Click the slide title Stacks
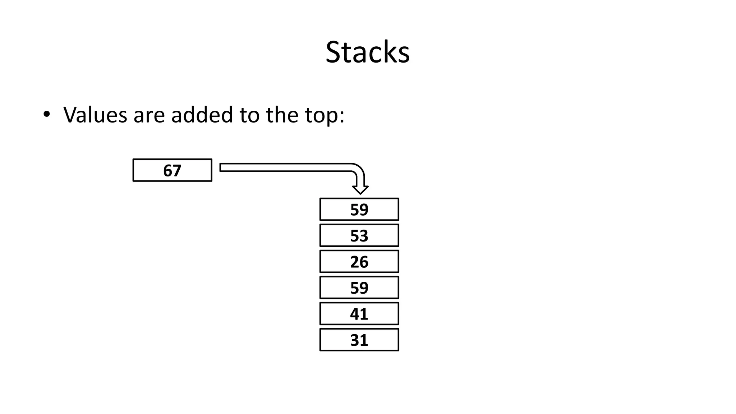coord(367,52)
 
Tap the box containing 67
coord(172,170)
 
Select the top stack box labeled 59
coord(359,209)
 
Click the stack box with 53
coord(359,235)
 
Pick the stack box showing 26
coord(359,262)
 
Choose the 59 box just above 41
coord(359,287)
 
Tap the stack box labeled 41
coord(359,314)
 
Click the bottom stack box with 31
coord(359,340)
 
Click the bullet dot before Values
coord(46,114)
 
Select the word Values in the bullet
coord(95,115)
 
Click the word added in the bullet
coord(202,115)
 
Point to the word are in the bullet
coord(149,116)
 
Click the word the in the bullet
coord(282,115)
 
